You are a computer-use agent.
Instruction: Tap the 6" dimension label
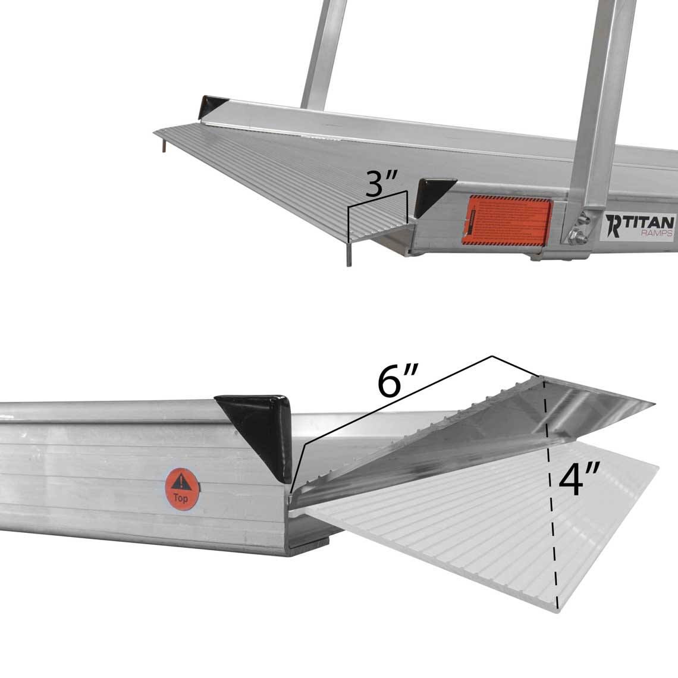(x=399, y=382)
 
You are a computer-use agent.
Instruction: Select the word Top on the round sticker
(x=181, y=498)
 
